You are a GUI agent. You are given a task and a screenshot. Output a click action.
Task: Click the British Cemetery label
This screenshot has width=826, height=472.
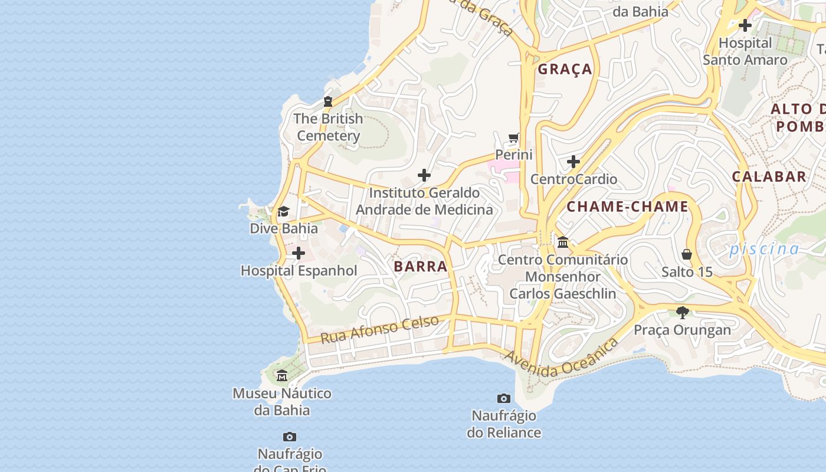point(329,127)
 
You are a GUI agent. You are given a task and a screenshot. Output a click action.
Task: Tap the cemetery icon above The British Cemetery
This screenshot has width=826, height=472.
point(328,101)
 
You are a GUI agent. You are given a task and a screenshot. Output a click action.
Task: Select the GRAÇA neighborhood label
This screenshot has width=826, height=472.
point(565,69)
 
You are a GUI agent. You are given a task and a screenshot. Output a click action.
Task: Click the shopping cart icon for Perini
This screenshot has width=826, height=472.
point(514,138)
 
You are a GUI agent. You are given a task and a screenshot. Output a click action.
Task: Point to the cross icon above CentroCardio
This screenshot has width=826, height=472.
point(573,162)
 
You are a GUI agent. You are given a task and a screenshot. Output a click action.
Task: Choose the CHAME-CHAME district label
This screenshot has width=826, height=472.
point(627,206)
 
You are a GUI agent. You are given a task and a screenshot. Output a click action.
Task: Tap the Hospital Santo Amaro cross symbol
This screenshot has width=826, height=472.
point(745,25)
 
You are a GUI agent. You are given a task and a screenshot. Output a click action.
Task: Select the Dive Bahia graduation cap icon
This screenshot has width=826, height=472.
point(284,212)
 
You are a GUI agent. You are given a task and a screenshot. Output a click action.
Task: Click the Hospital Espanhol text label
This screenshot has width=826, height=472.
point(299,271)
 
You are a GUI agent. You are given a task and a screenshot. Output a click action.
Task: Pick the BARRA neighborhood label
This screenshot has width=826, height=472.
point(420,266)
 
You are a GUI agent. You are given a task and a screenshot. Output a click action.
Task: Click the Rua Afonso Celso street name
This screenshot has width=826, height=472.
point(379,329)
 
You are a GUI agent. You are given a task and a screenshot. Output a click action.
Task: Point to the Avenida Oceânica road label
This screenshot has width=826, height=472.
point(561,358)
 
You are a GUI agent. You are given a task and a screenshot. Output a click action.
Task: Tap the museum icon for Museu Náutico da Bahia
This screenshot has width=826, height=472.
point(282,376)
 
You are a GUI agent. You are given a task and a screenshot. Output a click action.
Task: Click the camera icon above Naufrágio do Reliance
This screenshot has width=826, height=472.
point(503,398)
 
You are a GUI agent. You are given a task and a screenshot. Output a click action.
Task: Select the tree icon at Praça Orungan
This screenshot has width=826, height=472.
point(683,312)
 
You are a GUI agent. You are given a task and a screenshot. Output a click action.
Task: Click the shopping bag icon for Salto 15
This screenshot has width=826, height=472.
point(687,254)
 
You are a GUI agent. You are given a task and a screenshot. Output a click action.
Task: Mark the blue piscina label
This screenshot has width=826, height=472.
point(764,249)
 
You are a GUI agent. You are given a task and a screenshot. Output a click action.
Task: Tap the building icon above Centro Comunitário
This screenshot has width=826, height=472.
point(563,242)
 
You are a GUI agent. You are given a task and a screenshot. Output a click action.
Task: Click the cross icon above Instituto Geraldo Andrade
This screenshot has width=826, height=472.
point(424,175)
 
